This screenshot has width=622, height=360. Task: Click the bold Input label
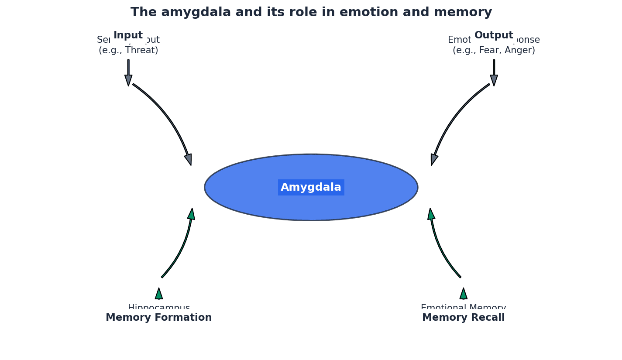[x=128, y=35]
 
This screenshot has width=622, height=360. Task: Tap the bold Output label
[x=494, y=35]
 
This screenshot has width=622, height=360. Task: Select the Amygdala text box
[x=311, y=187]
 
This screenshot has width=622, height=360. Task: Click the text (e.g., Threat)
[x=128, y=51]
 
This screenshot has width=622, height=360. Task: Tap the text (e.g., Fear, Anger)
[x=494, y=51]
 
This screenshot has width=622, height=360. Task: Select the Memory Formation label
[x=158, y=318]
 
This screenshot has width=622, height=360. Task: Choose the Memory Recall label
[x=463, y=318]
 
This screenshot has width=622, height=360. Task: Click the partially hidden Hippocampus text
[x=158, y=307]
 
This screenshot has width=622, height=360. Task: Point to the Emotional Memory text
[x=463, y=307]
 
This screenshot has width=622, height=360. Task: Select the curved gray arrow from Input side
[x=168, y=118]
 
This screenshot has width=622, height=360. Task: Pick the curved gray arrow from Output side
[x=454, y=118]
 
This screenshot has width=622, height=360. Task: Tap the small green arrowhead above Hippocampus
[x=159, y=293]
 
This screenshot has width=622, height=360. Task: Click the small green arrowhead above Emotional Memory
[x=463, y=293]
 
